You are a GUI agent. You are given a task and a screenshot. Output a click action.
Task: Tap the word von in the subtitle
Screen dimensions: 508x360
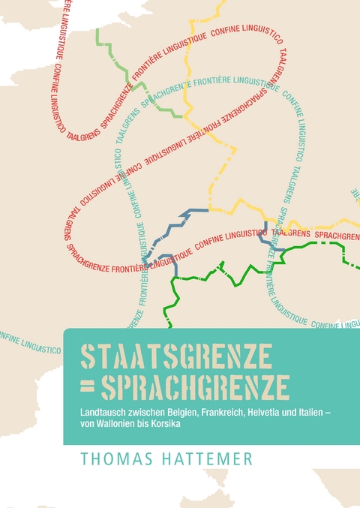point(88,425)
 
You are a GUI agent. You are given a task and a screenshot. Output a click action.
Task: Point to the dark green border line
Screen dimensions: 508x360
point(225,282)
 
